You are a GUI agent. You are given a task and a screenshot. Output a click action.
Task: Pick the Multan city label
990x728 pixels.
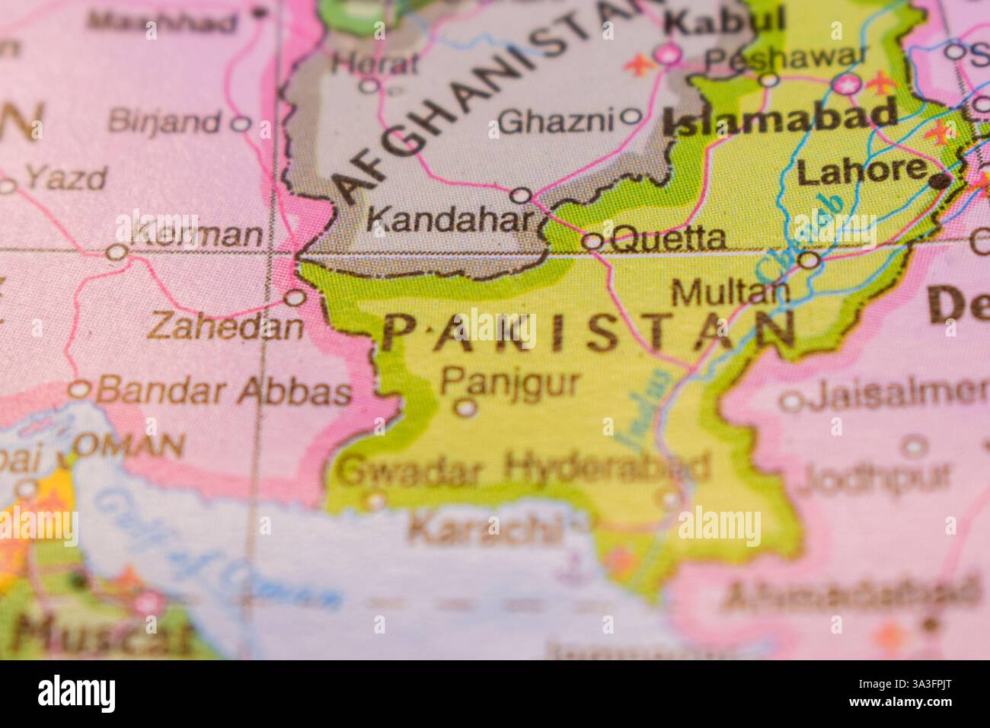730,292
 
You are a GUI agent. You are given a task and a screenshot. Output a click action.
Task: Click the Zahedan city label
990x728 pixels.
225,327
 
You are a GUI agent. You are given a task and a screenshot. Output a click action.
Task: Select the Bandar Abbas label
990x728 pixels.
224,391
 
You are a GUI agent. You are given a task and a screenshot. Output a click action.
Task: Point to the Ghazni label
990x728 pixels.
558,120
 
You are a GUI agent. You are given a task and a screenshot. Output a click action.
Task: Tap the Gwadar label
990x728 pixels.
410,472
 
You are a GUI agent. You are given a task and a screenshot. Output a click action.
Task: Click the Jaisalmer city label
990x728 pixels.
899,394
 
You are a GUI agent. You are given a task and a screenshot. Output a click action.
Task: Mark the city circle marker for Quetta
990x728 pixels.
592,242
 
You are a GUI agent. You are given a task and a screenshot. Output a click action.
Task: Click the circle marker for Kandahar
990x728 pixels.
521,196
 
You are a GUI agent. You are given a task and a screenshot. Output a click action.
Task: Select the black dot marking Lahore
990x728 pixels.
941,181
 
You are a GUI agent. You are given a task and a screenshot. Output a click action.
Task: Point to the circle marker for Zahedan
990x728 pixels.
295,298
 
